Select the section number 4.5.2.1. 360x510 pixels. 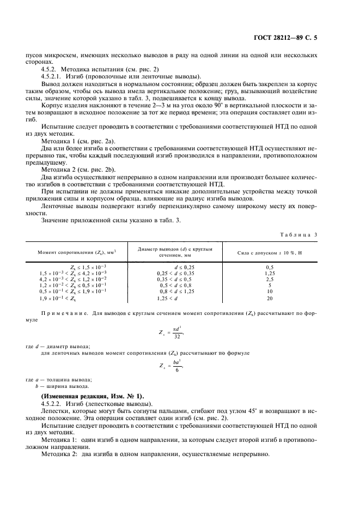coord(52,76)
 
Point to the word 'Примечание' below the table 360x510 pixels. coord(65,313)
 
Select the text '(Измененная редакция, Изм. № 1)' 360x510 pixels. coord(93,396)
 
